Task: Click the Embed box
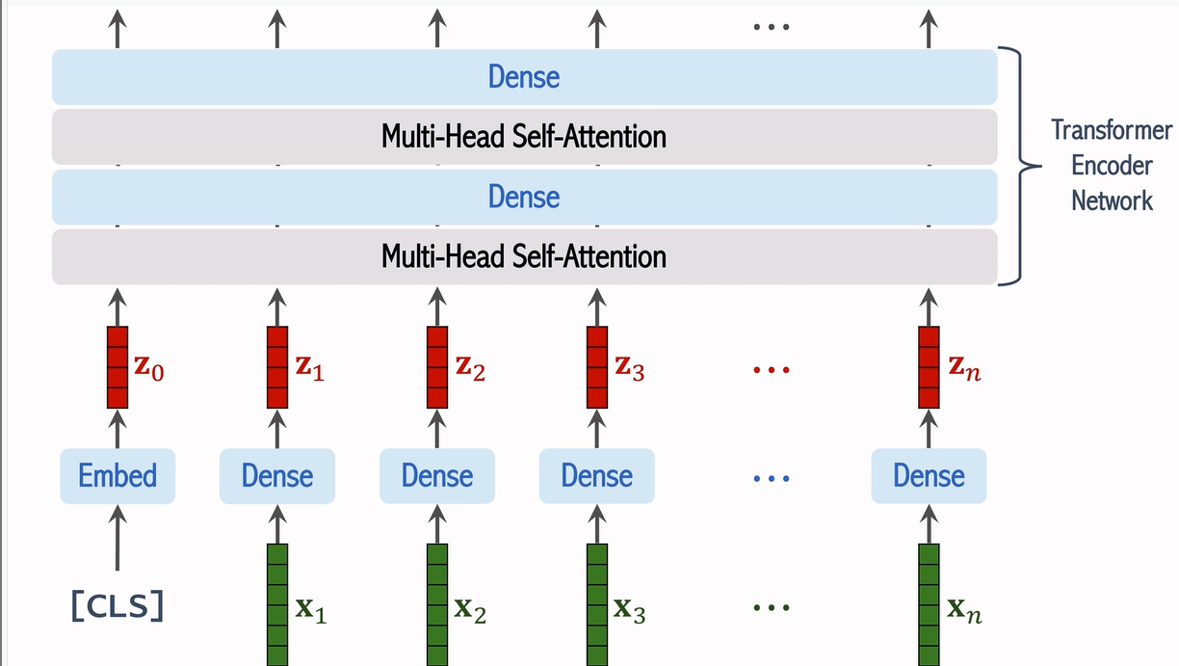(x=118, y=475)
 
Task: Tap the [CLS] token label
(x=118, y=606)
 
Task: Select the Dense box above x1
(x=277, y=475)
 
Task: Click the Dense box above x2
(x=437, y=475)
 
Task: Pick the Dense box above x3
(x=597, y=475)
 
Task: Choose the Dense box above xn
(x=929, y=475)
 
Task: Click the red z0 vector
(x=118, y=367)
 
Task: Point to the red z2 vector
(x=437, y=367)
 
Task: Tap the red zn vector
(x=929, y=367)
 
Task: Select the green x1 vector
(x=277, y=603)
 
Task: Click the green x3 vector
(x=597, y=603)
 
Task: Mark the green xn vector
(x=929, y=603)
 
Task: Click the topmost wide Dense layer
(x=524, y=77)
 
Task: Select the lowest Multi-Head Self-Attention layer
(x=524, y=256)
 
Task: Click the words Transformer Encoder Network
(x=1112, y=165)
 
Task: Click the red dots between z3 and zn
(x=770, y=369)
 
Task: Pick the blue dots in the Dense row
(x=770, y=477)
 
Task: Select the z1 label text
(x=309, y=368)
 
